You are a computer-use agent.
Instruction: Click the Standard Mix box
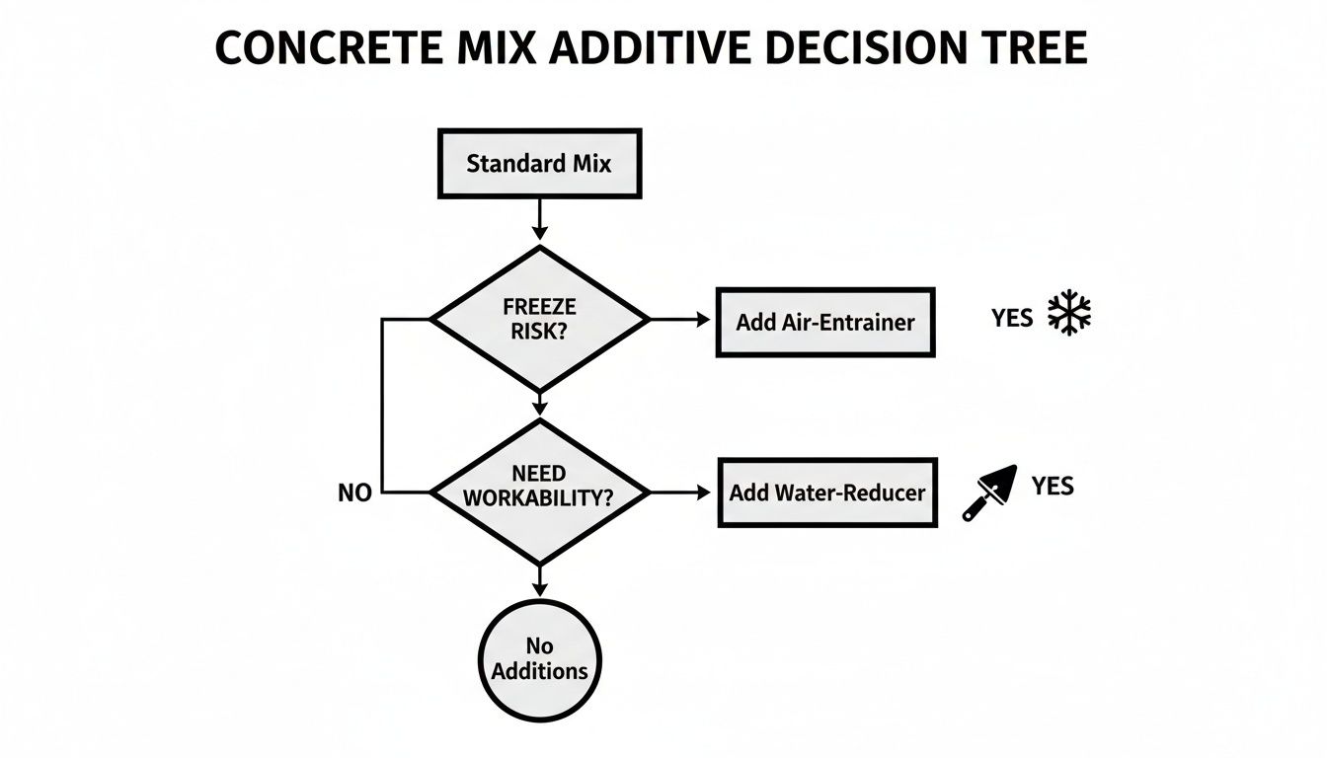pyautogui.click(x=538, y=163)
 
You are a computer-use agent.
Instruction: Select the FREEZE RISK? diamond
pyautogui.click(x=539, y=319)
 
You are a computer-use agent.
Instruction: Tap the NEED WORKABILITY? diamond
pyautogui.click(x=539, y=491)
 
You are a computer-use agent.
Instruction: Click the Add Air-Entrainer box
pyautogui.click(x=824, y=322)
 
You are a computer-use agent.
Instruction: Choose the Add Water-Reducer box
pyautogui.click(x=826, y=492)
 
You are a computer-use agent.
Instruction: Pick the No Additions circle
pyautogui.click(x=539, y=659)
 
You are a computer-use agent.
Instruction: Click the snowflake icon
pyautogui.click(x=1068, y=315)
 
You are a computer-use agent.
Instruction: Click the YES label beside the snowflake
pyautogui.click(x=1012, y=317)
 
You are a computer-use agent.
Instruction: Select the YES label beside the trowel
pyautogui.click(x=1053, y=486)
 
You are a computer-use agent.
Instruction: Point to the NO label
pyautogui.click(x=354, y=493)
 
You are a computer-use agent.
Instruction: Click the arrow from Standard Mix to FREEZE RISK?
pyautogui.click(x=539, y=218)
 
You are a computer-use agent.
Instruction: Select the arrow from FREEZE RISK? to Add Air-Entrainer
pyautogui.click(x=680, y=320)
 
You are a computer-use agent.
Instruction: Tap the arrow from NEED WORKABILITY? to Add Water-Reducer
pyautogui.click(x=680, y=491)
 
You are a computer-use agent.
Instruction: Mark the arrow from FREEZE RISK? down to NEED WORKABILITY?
pyautogui.click(x=539, y=404)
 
